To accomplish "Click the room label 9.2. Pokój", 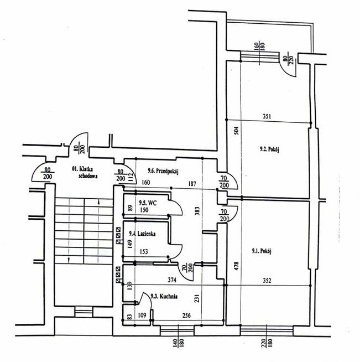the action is [x=269, y=149].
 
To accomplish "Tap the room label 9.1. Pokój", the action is [x=262, y=251].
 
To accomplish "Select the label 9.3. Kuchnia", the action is [x=164, y=296].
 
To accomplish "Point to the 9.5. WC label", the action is [x=148, y=203].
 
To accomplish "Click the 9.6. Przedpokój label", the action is [x=163, y=171].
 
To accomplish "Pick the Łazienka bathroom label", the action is [x=142, y=234].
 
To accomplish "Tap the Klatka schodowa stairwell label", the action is [x=85, y=173].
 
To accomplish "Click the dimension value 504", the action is [x=236, y=131].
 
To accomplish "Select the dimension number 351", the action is [x=267, y=116].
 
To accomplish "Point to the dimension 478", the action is [x=236, y=266].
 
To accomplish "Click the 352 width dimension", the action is [x=267, y=281].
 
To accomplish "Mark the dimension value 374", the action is [x=172, y=280].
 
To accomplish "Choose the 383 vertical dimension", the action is [x=197, y=211].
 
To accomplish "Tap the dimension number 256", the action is [x=186, y=316].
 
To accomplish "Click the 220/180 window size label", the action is [x=267, y=343].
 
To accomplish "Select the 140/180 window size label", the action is [x=178, y=343].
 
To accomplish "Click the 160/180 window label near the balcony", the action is [x=259, y=46].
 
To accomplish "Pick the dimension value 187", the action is [x=192, y=184].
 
